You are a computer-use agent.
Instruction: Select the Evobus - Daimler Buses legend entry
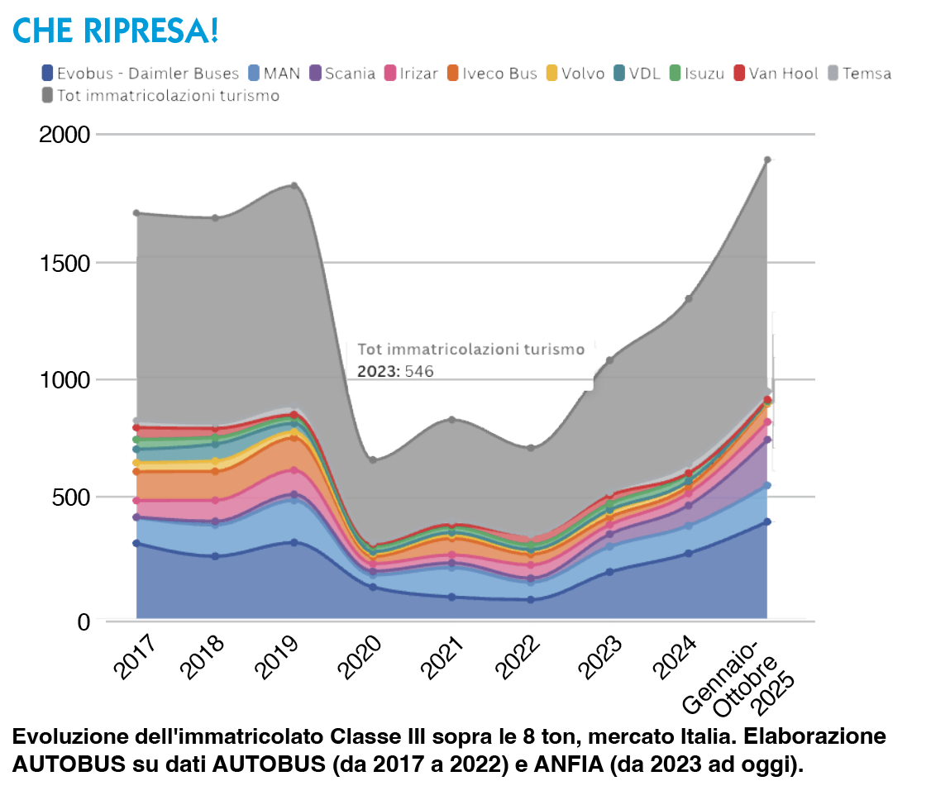(x=140, y=74)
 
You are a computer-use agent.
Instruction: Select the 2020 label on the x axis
(x=364, y=656)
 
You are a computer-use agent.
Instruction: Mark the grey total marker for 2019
(x=294, y=185)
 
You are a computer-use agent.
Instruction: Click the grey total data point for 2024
(x=688, y=298)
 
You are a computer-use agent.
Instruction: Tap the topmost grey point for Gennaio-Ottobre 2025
(x=767, y=160)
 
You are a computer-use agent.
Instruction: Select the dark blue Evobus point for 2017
(x=136, y=543)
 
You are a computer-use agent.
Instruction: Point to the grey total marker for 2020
(x=373, y=460)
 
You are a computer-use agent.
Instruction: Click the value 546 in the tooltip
(x=419, y=372)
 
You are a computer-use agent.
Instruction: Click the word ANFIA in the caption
(x=573, y=765)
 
